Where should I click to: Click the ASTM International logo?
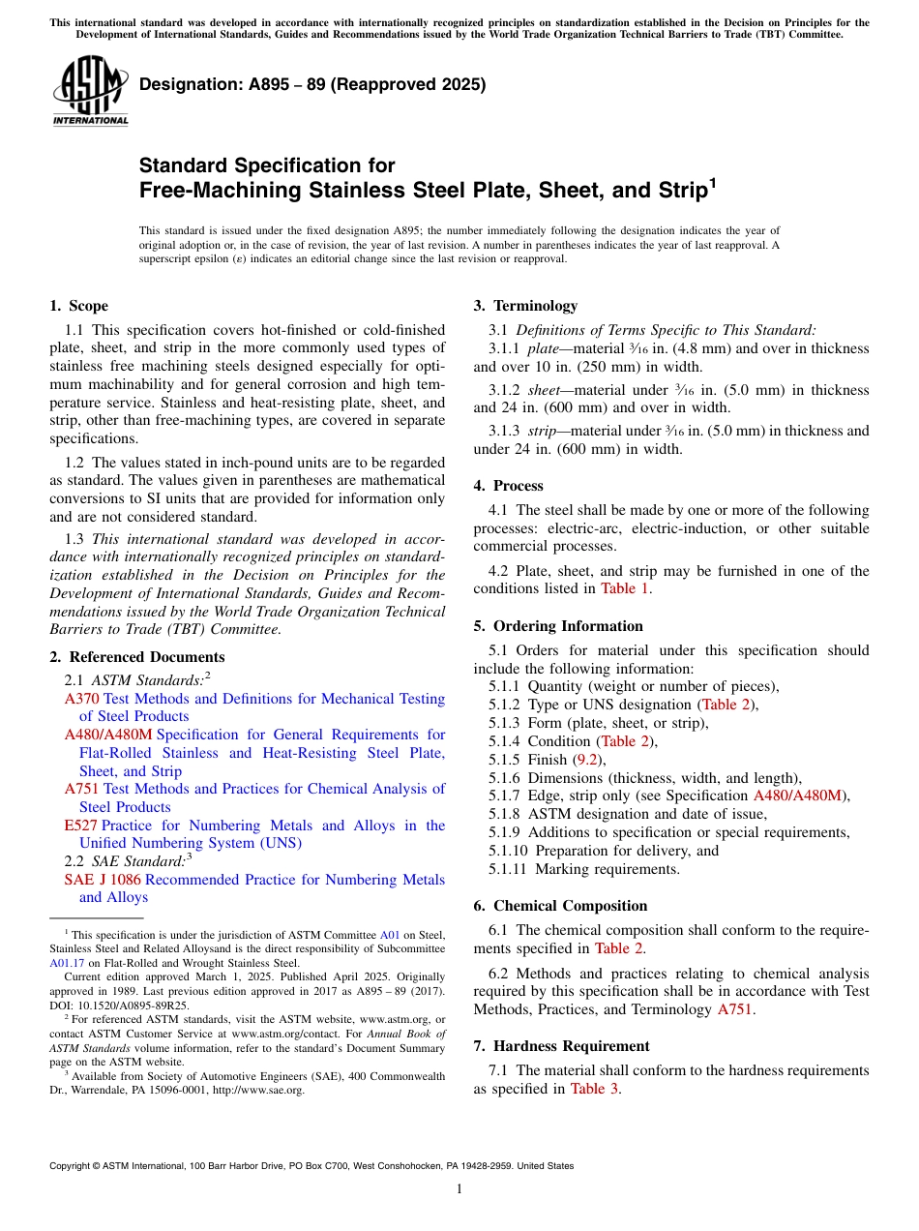tap(90, 91)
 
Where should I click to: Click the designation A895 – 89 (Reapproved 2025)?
tap(312, 85)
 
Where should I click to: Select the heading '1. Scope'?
tap(78, 306)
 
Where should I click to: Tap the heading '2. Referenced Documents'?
tap(136, 657)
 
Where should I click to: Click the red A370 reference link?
tap(81, 699)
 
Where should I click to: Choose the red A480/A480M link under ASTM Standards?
tap(108, 735)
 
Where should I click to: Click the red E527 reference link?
tap(80, 826)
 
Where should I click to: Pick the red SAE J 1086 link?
tap(102, 880)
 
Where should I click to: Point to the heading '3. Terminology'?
tap(525, 306)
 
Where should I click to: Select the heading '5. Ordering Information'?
tap(558, 626)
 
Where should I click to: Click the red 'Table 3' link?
tap(594, 1089)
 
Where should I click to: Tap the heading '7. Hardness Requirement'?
tap(561, 1046)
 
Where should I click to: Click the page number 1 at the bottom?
tap(459, 1189)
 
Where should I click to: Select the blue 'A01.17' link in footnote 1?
tap(66, 963)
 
